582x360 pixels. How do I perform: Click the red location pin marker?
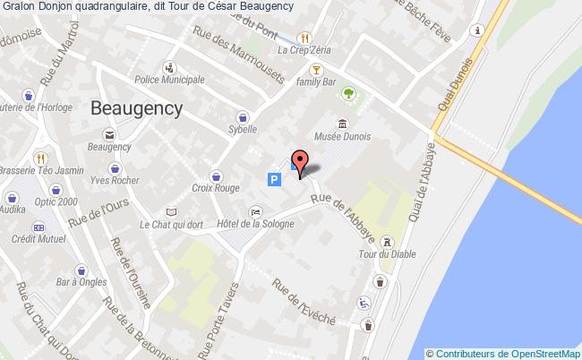click(x=301, y=161)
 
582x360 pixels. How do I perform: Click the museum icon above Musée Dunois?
click(x=341, y=124)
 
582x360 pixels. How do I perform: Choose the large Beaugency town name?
click(x=137, y=108)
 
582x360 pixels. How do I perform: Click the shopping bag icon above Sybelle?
click(x=242, y=116)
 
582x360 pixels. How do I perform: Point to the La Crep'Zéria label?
click(x=304, y=51)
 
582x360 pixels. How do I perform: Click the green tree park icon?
click(x=348, y=92)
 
